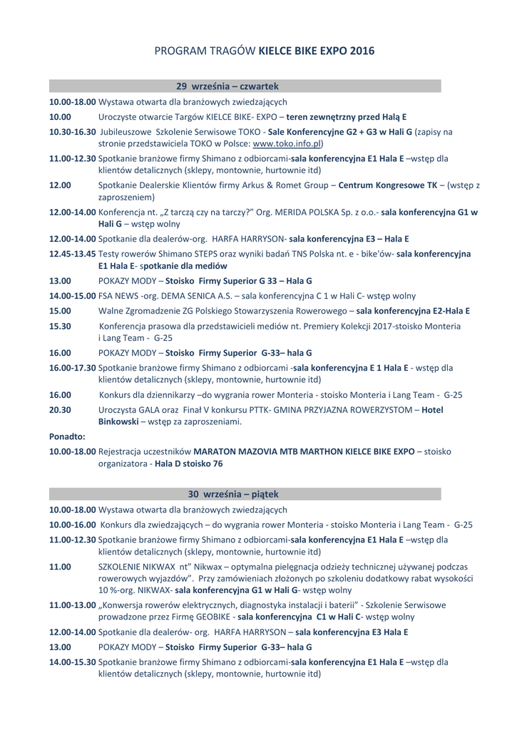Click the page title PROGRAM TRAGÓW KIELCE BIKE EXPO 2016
pos(265,51)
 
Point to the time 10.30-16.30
pos(73,132)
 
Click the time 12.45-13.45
pos(73,254)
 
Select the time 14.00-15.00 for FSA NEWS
pos(73,295)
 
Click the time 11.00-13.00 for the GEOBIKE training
pos(73,605)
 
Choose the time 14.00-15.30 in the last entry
pos(73,662)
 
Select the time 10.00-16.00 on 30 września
pos(73,525)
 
